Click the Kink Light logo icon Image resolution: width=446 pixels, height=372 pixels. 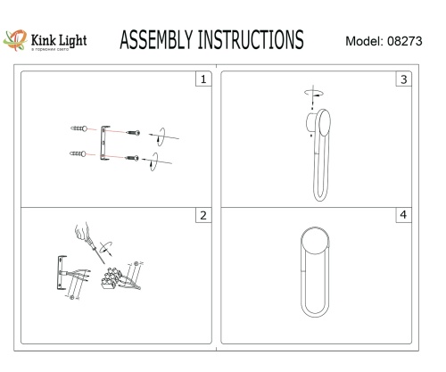(15, 41)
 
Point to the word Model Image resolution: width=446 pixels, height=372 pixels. (362, 42)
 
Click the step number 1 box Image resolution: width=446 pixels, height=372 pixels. (204, 79)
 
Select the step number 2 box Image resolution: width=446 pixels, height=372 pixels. (204, 217)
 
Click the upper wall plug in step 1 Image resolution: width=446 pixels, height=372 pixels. (78, 128)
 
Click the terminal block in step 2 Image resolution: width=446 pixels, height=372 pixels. (113, 277)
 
